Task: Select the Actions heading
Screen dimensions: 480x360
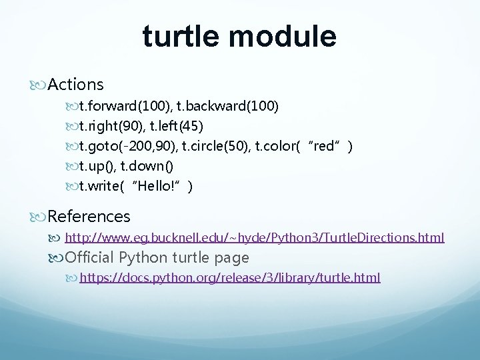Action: click(75, 85)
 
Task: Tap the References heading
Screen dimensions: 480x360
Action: click(89, 217)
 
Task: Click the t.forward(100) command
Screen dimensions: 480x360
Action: click(124, 106)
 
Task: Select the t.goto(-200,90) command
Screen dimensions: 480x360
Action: click(131, 146)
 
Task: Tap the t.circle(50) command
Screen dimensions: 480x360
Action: click(222, 146)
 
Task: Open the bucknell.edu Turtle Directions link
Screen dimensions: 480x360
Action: click(254, 237)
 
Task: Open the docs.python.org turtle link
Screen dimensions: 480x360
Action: click(230, 277)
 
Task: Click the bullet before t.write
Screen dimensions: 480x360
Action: click(72, 187)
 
